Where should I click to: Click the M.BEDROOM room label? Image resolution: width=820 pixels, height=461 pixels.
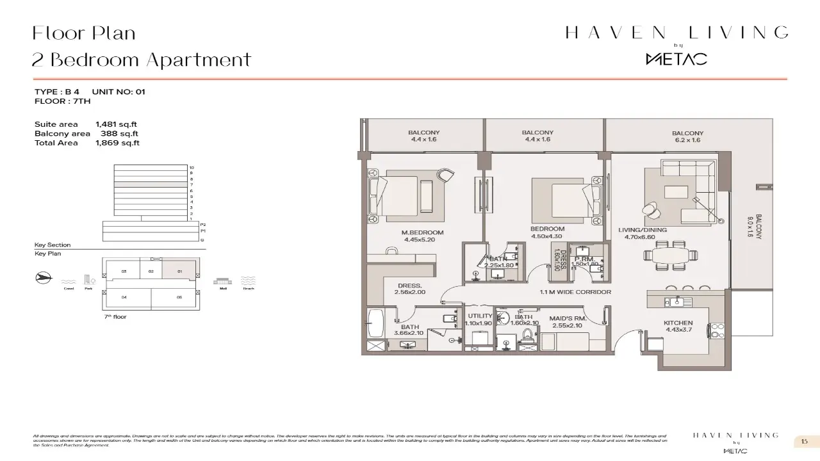423,232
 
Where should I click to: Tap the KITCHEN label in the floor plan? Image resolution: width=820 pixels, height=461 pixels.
678,323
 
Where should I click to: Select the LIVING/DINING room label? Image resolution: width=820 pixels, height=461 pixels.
642,230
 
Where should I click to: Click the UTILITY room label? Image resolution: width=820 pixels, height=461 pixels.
480,316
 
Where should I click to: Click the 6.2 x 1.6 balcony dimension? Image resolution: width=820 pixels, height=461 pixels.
687,140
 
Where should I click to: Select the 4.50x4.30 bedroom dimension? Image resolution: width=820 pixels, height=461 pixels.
547,236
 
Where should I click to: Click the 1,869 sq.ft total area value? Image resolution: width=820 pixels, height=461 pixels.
117,143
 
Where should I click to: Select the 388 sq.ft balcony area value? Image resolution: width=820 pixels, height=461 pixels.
119,134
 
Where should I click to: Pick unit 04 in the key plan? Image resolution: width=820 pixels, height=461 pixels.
124,297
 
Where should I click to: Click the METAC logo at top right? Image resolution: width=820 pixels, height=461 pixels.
676,59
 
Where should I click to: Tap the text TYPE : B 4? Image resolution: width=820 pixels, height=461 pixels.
57,92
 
